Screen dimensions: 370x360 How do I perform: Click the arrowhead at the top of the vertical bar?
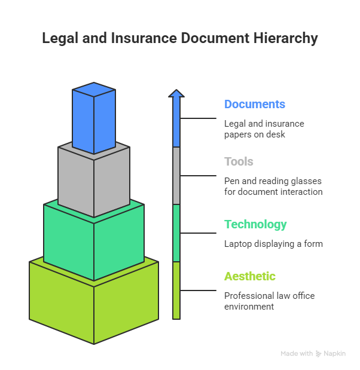176,93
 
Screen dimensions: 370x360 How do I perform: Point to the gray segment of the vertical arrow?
176,175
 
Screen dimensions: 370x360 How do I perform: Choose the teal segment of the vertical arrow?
176,233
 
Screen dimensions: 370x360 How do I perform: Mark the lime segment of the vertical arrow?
176,290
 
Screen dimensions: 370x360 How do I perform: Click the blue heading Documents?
254,104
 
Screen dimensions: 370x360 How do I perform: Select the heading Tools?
239,161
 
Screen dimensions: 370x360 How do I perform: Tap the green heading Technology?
255,225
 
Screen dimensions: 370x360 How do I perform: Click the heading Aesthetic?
249,276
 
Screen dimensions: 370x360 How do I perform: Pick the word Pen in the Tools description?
230,181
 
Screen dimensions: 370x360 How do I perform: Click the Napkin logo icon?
319,354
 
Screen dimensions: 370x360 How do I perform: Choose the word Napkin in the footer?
335,354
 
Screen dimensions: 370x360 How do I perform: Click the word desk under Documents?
279,134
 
